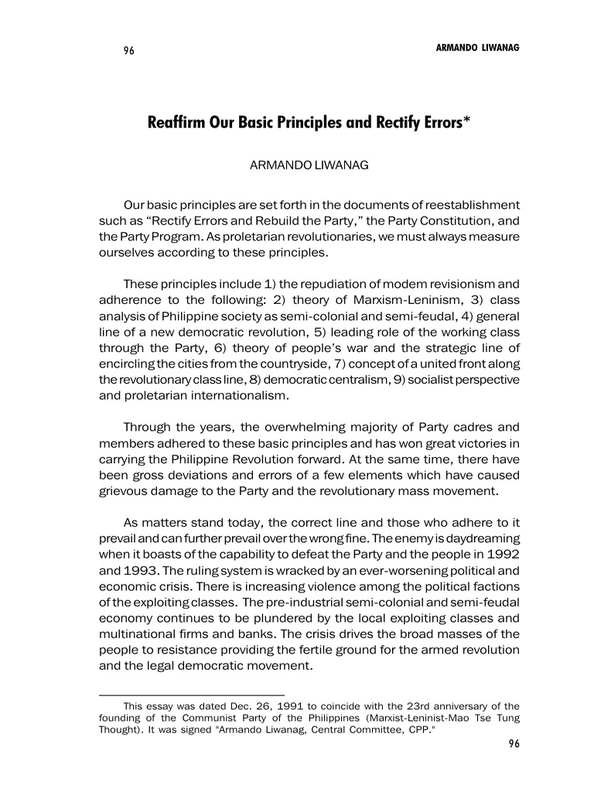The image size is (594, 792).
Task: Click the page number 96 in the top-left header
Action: click(x=128, y=50)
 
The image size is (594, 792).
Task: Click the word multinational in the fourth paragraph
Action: click(x=136, y=633)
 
